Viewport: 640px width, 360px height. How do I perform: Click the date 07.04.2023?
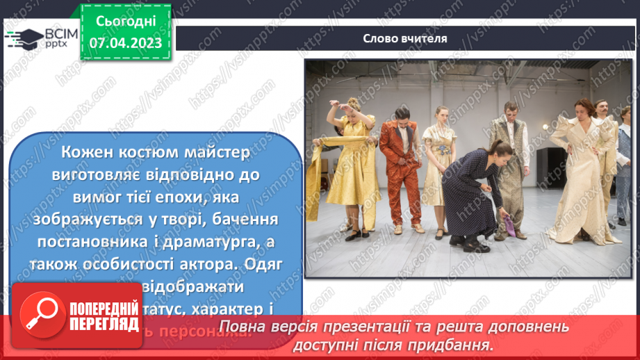[125, 43]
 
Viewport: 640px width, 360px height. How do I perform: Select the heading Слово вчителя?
[404, 38]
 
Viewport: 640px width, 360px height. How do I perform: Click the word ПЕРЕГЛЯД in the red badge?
[103, 325]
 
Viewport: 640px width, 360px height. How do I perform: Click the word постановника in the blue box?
[100, 241]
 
